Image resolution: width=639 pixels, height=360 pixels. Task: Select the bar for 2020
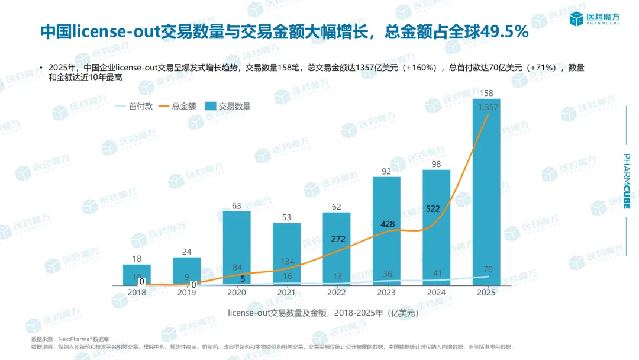click(237, 249)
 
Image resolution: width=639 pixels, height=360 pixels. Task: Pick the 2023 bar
click(386, 231)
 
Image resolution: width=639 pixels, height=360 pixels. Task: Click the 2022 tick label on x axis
click(336, 292)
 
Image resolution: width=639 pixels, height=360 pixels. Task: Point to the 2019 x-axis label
click(187, 292)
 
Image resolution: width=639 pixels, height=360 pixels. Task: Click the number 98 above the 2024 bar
click(437, 164)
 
